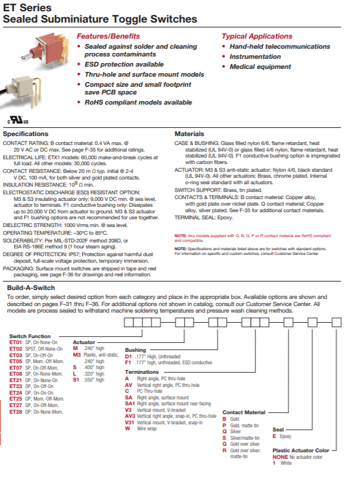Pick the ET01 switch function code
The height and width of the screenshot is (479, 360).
(x=15, y=343)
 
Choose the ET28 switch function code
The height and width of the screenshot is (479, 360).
(x=15, y=412)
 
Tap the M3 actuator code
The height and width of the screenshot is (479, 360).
(x=77, y=354)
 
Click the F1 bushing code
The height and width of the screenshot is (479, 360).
(x=128, y=362)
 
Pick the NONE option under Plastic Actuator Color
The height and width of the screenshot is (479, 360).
(x=280, y=457)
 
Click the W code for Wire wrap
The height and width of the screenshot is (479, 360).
(x=127, y=428)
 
